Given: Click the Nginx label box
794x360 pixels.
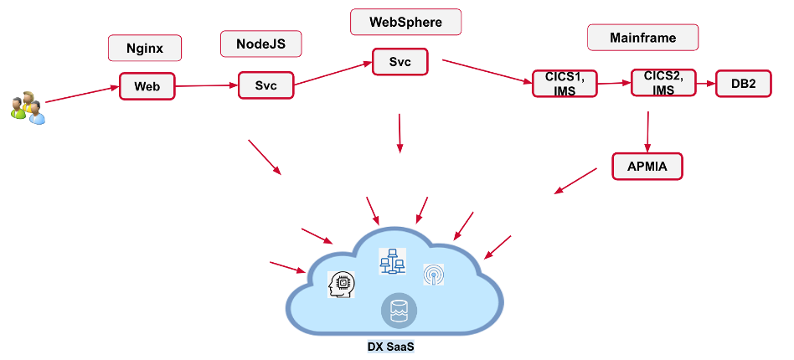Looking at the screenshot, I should (x=145, y=48).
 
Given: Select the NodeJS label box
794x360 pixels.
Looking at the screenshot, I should (x=260, y=44).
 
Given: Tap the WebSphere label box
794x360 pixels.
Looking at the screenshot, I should (x=405, y=23).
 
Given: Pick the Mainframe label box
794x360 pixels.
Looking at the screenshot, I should (x=643, y=38).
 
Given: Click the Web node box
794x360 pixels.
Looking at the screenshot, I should (x=147, y=86).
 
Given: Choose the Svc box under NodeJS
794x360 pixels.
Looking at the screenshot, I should (x=266, y=85).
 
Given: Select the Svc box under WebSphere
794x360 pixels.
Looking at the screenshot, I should (x=400, y=62).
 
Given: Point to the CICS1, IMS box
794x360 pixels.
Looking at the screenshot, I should (x=565, y=84).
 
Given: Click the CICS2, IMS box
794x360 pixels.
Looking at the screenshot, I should (x=663, y=83).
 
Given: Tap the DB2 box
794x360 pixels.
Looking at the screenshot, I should (x=742, y=84).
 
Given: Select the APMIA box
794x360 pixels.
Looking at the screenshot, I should (x=648, y=166).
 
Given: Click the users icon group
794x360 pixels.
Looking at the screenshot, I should (x=27, y=108).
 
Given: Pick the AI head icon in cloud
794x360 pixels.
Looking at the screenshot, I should (x=342, y=285).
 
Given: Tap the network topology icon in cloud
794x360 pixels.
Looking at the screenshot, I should (x=391, y=261).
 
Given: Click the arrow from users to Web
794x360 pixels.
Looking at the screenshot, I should (x=81, y=94).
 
